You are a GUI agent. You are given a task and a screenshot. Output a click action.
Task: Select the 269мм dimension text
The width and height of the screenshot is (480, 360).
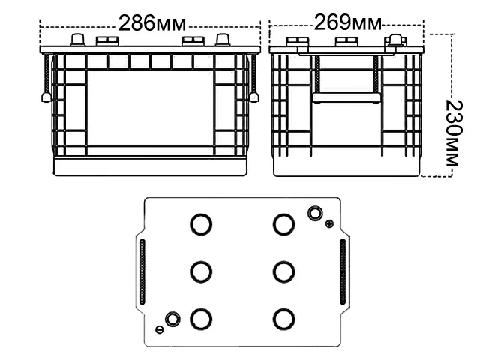(x=348, y=22)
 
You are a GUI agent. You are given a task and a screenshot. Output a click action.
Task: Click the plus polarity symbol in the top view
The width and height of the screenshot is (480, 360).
(x=329, y=223)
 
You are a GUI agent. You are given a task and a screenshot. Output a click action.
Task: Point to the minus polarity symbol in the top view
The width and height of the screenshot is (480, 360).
(x=159, y=328)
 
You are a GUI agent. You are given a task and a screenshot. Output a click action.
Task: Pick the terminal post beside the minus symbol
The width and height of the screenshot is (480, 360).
(x=172, y=320)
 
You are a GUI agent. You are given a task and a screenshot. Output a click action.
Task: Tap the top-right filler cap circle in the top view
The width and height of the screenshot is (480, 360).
(x=283, y=223)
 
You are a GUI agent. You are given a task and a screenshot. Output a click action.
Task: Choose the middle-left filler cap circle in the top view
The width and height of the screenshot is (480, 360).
(x=199, y=271)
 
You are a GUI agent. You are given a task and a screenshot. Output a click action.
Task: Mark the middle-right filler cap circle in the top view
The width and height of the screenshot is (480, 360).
(x=283, y=271)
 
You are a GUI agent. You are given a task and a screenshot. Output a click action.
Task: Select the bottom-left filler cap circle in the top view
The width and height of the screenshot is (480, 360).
(x=199, y=319)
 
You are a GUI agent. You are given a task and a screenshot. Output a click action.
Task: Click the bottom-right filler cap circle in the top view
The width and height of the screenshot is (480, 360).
(x=283, y=319)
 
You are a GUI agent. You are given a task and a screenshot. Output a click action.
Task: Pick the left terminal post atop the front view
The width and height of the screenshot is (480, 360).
(x=76, y=40)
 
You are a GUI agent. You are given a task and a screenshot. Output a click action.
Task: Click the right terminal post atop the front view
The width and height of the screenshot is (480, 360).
(x=222, y=40)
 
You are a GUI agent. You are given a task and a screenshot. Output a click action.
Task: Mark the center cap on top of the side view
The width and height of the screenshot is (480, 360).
(x=346, y=42)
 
